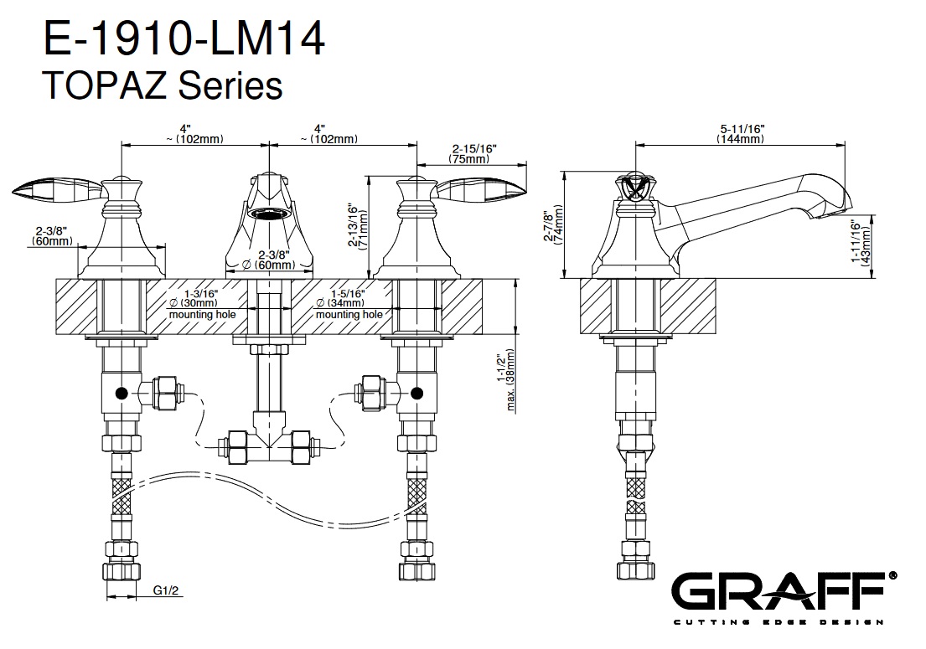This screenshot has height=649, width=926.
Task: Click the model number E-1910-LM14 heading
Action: click(x=183, y=40)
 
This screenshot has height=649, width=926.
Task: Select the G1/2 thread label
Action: click(x=165, y=591)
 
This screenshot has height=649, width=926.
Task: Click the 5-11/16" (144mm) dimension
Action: click(x=741, y=133)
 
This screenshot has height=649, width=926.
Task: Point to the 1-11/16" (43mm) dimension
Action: click(x=861, y=243)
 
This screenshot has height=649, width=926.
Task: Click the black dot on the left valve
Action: click(x=122, y=392)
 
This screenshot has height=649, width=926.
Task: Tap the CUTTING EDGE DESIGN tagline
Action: click(x=779, y=621)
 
